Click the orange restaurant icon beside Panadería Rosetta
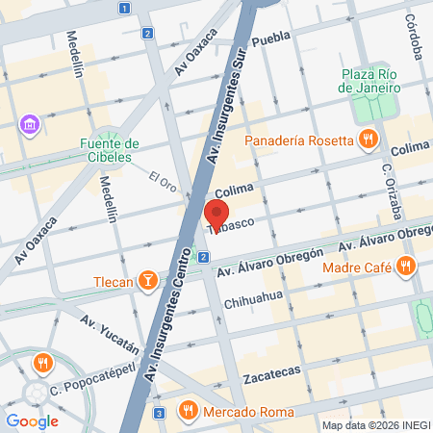(x=367, y=140)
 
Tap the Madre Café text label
(x=356, y=267)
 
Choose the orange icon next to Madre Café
(x=406, y=265)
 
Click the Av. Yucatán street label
(x=110, y=330)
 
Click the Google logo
(x=32, y=420)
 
